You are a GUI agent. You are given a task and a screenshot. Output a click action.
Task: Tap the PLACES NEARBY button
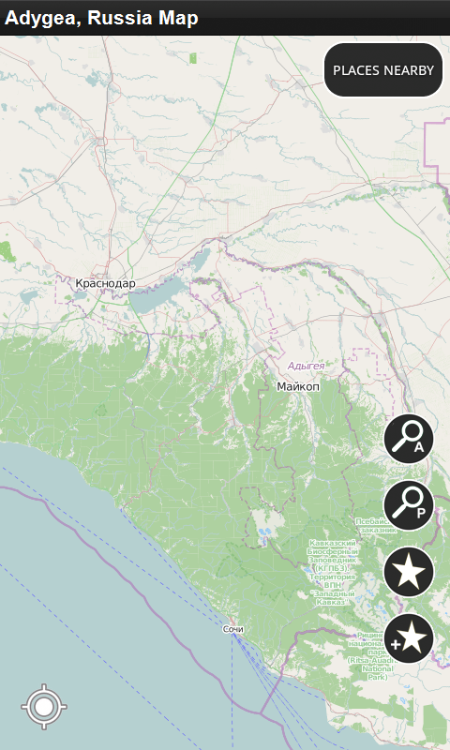click(383, 70)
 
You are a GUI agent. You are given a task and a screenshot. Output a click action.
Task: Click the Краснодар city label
click(105, 283)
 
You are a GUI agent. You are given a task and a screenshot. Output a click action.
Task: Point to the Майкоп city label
click(298, 386)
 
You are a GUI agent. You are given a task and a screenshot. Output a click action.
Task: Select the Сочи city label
click(233, 629)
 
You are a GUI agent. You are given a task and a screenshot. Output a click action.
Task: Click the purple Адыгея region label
click(307, 366)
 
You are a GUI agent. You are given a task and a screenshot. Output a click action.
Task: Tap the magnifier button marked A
click(409, 439)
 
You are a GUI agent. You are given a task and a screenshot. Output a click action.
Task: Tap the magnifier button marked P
click(409, 504)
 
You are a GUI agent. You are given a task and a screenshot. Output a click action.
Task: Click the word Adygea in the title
click(40, 18)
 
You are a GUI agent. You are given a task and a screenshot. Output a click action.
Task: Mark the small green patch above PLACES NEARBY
click(193, 58)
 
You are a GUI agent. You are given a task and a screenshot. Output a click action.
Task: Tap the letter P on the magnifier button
click(421, 513)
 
